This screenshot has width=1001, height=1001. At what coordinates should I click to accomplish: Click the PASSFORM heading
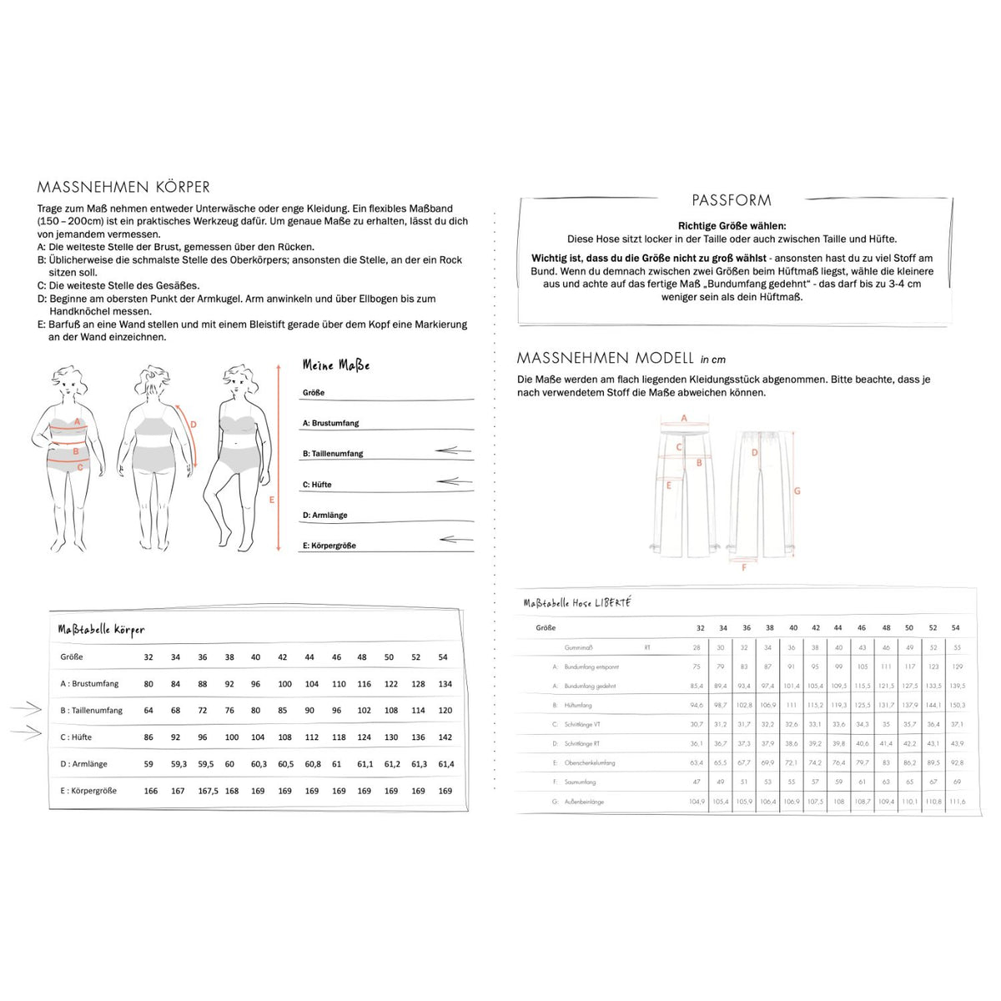[x=731, y=200]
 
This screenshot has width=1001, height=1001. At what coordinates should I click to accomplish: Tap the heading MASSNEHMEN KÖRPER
[x=123, y=187]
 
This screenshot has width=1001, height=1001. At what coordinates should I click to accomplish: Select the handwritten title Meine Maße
[x=335, y=365]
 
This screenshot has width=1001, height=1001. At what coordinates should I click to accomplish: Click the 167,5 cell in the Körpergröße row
[x=208, y=791]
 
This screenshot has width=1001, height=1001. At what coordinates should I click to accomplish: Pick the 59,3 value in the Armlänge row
[x=179, y=764]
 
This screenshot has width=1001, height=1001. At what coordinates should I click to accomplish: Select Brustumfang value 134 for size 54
[x=445, y=684]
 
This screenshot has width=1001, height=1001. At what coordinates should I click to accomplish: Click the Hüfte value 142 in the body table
[x=445, y=737]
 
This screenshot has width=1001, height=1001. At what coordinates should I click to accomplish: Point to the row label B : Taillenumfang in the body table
[x=91, y=711]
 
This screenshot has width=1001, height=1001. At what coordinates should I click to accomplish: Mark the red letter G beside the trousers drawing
[x=797, y=490]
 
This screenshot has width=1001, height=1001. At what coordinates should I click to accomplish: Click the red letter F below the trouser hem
[x=744, y=568]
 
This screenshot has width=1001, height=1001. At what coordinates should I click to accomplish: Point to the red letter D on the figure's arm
[x=194, y=425]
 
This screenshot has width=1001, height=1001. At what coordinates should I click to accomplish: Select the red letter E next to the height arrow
[x=271, y=500]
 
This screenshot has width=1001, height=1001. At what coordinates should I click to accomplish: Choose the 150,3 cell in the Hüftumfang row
[x=957, y=705]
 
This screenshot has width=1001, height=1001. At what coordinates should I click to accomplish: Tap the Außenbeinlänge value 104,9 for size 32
[x=697, y=802]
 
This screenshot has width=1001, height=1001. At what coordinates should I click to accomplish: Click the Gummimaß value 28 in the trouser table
[x=697, y=647]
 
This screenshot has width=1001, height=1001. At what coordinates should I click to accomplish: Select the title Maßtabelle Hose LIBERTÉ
[x=577, y=602]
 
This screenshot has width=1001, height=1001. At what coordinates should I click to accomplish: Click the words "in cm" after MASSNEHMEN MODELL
[x=713, y=360]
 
